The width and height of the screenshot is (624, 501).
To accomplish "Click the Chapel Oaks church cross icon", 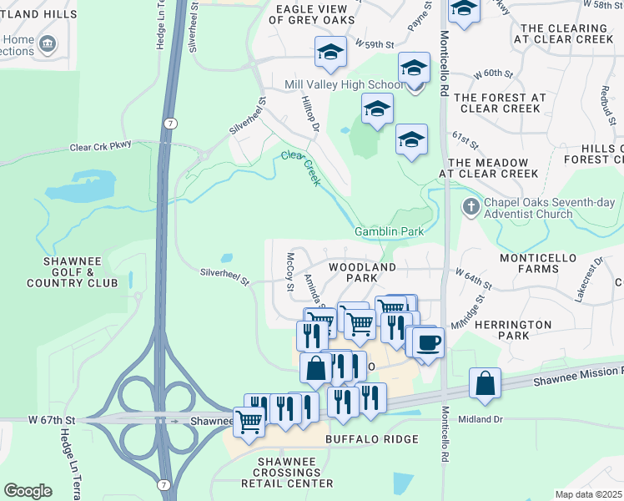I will tap(471, 206).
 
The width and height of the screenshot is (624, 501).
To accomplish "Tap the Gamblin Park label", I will tap(389, 231).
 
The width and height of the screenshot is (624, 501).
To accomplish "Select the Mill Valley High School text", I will tap(344, 85).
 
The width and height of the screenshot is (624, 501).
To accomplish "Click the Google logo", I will tap(28, 490).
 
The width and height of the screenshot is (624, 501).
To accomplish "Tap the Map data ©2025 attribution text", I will tap(588, 494).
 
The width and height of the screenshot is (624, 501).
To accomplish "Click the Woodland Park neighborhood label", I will tap(361, 271).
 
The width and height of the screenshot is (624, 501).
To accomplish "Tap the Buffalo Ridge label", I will tap(363, 438).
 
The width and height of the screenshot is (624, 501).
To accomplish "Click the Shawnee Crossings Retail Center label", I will tap(286, 473).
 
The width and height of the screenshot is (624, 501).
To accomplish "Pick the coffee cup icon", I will tap(428, 342).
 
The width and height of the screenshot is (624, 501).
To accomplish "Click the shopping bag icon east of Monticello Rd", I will tap(485, 383).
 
